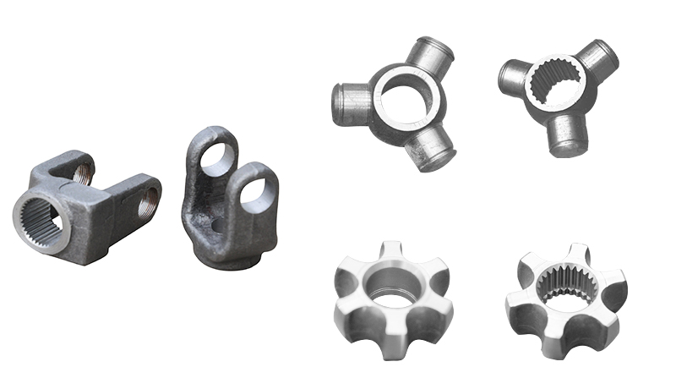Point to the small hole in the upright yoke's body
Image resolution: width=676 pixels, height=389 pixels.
[x=217, y=224]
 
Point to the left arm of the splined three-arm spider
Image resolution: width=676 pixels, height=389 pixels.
[x=514, y=77]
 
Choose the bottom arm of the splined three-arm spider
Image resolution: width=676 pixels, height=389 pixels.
[x=564, y=135]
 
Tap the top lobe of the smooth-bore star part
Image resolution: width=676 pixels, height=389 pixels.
[x=394, y=250]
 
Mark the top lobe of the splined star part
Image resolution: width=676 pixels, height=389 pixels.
[x=577, y=253]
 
